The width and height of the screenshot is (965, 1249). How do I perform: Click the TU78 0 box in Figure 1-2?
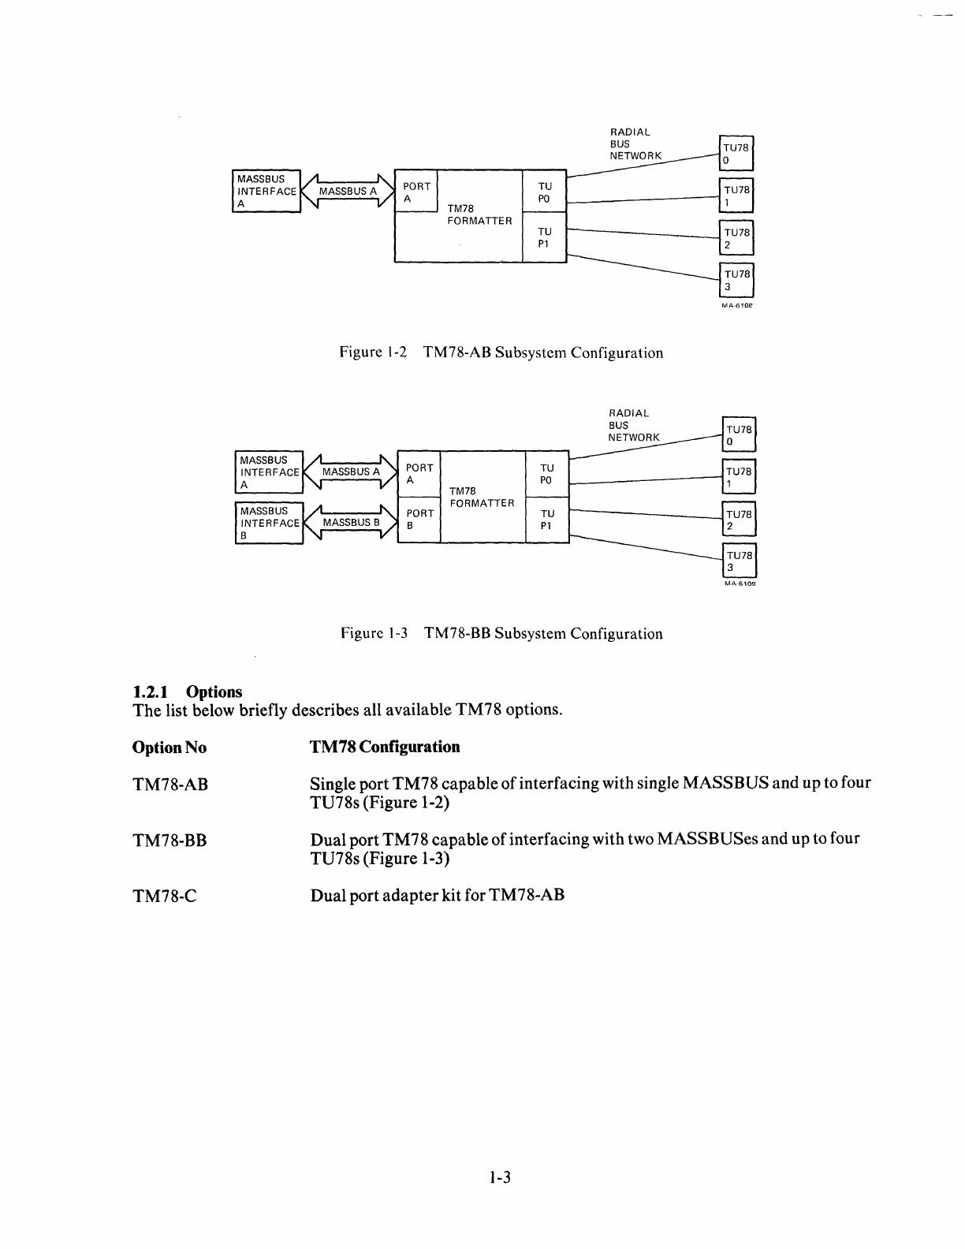click(737, 154)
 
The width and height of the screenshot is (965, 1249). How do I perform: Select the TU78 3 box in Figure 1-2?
click(737, 280)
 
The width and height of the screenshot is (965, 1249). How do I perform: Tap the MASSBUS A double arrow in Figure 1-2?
click(347, 192)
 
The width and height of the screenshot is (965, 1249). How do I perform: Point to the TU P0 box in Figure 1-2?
click(545, 192)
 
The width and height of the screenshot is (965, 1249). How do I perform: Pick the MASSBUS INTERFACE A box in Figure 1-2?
click(267, 191)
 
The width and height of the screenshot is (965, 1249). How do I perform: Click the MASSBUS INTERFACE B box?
click(270, 523)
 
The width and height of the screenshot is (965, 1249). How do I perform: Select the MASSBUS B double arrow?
click(351, 523)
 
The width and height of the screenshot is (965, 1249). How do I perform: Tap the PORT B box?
click(419, 519)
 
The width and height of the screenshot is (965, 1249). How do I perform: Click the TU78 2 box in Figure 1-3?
click(739, 520)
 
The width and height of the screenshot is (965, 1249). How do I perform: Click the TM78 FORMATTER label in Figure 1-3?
click(482, 497)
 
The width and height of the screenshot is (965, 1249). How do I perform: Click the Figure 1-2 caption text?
click(501, 353)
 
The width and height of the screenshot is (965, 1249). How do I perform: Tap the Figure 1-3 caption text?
click(501, 634)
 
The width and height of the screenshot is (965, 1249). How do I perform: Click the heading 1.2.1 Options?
click(188, 692)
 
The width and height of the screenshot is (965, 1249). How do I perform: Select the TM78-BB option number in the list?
click(170, 841)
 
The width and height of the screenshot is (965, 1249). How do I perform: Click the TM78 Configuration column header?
click(385, 747)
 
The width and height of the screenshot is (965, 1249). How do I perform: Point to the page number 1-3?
click(501, 1178)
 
